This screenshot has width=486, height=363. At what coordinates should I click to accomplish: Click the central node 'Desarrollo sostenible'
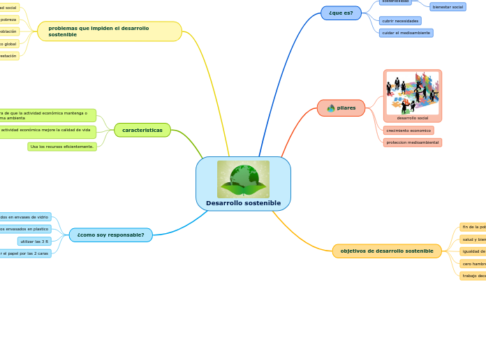tap(243, 203)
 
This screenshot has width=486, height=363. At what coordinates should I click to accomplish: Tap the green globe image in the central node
tap(243, 179)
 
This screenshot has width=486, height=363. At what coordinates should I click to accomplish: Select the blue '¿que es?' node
tap(341, 13)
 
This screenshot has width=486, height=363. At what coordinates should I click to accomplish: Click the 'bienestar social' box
tap(448, 7)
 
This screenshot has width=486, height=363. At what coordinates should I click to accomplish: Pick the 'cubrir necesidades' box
tap(400, 21)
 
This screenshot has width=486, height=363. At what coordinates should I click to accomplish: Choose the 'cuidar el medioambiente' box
tap(406, 33)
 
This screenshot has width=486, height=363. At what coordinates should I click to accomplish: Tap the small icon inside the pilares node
tap(331, 108)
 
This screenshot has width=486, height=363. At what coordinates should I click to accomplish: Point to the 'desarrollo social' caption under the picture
tap(413, 118)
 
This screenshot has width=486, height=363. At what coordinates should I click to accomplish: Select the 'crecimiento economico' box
tap(408, 131)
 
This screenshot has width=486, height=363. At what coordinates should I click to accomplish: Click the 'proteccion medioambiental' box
tap(412, 142)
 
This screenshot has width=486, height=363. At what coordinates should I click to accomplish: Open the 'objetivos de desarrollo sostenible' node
tap(387, 251)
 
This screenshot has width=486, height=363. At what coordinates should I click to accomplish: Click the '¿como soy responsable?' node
tap(111, 235)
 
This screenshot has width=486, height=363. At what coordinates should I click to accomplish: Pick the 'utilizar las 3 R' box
tap(34, 242)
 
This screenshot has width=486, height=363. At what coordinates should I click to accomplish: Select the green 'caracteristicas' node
tap(142, 130)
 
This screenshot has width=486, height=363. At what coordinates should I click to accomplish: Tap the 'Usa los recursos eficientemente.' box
tap(62, 147)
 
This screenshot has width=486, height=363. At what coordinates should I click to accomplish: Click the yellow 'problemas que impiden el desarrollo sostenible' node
tap(110, 31)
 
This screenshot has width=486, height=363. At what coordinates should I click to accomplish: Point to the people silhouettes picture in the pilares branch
tap(413, 93)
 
